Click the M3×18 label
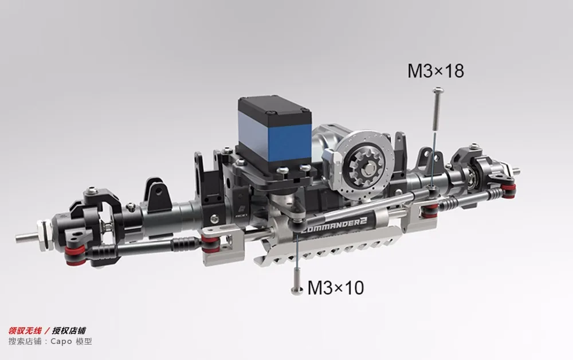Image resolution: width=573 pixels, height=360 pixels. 435,71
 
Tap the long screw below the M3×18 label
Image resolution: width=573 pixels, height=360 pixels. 436,108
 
